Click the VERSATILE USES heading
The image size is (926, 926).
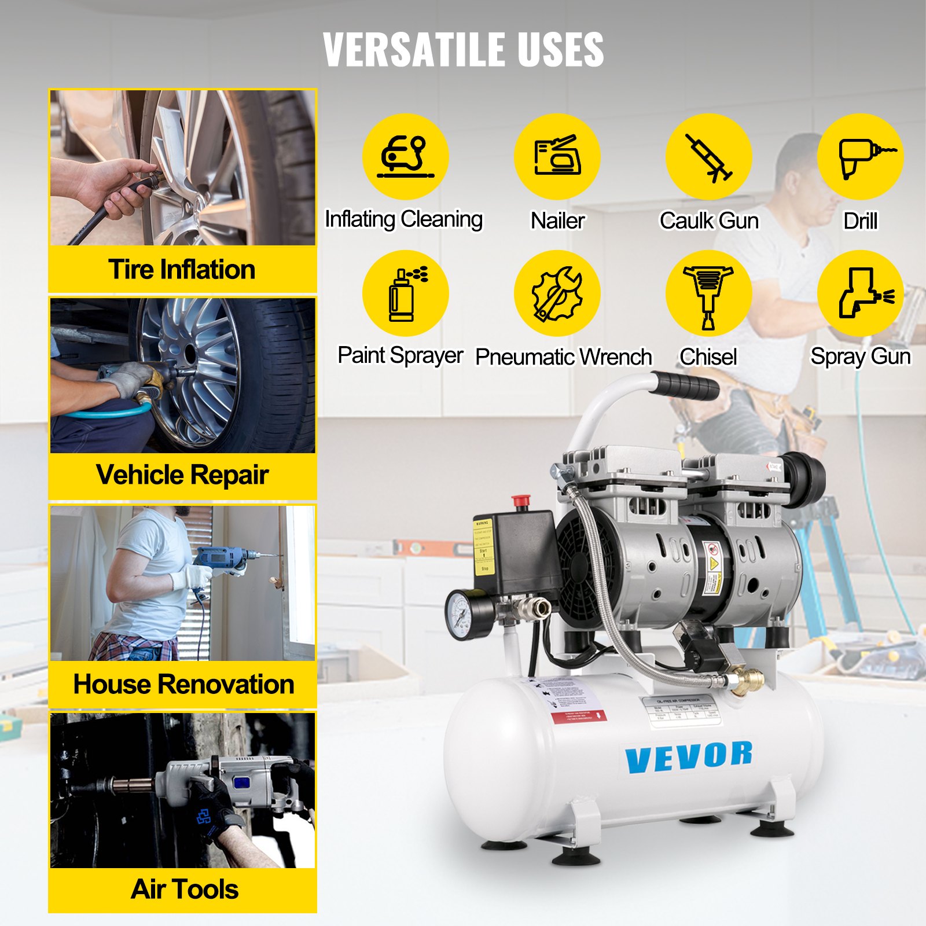pyautogui.click(x=463, y=49)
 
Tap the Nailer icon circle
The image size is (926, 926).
pyautogui.click(x=557, y=157)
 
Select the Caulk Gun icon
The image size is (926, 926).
pyautogui.click(x=709, y=157)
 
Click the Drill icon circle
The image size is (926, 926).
pyautogui.click(x=861, y=157)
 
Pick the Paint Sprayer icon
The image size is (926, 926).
pyautogui.click(x=405, y=293)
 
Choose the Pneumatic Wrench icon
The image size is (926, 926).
pyautogui.click(x=557, y=293)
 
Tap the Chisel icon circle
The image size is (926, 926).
pyautogui.click(x=709, y=293)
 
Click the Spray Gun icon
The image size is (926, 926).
pyautogui.click(x=861, y=293)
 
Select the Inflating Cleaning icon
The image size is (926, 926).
pyautogui.click(x=405, y=157)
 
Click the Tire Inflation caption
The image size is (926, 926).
pyautogui.click(x=182, y=270)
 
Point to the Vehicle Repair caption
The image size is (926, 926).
pyautogui.click(x=182, y=475)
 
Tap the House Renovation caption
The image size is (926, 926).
pyautogui.click(x=183, y=684)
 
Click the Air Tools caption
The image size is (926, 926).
pyautogui.click(x=184, y=890)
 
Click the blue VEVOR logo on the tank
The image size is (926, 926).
pyautogui.click(x=689, y=757)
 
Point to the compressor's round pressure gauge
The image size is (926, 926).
pyautogui.click(x=466, y=615)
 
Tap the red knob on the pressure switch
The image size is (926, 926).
pyautogui.click(x=521, y=501)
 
